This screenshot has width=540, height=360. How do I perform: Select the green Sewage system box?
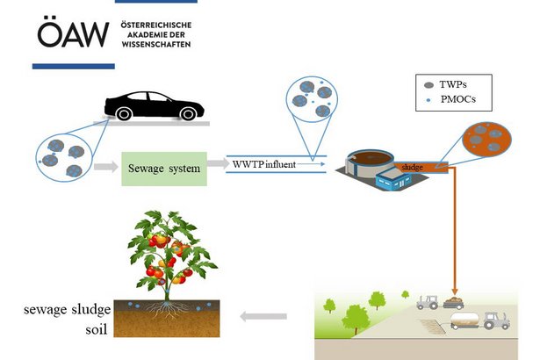[165, 167]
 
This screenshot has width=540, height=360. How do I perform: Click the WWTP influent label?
[263, 164]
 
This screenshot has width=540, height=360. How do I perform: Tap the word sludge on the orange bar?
[414, 166]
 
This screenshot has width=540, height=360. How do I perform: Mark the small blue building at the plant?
[395, 181]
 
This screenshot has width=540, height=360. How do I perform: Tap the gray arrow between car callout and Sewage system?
[104, 166]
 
